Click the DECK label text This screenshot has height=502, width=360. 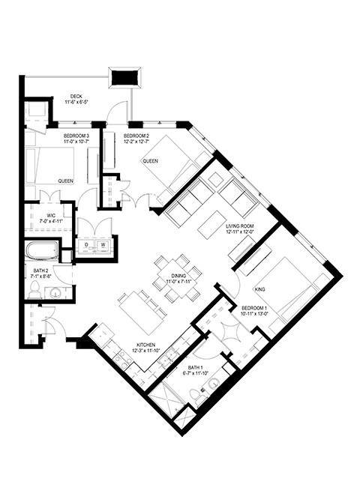click(76, 96)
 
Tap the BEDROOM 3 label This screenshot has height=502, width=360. click(76, 136)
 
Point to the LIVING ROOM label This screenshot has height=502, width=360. click(240, 226)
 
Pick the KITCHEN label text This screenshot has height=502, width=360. click(145, 345)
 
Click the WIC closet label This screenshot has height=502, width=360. click(51, 216)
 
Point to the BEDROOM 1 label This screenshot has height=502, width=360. click(254, 308)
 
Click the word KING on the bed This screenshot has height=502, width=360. click(260, 289)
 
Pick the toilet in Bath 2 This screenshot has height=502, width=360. click(34, 288)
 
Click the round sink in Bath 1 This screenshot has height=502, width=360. click(212, 383)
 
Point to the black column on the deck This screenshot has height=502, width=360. click(124, 77)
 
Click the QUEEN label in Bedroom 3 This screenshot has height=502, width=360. click(65, 181)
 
